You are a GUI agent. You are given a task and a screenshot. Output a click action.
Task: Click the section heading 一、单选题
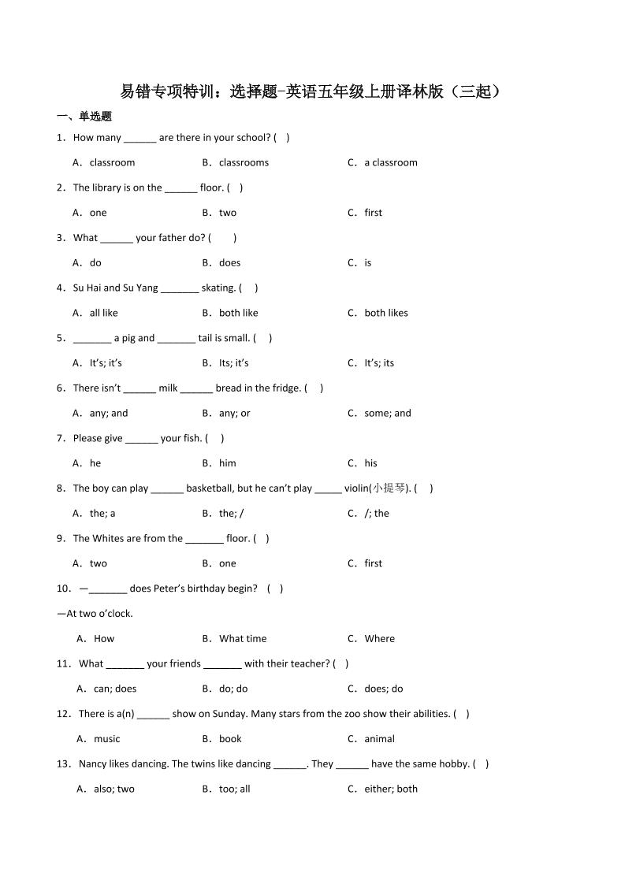click(84, 117)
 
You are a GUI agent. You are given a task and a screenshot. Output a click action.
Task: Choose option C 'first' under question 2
click(373, 213)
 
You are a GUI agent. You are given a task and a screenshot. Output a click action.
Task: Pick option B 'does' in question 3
click(229, 262)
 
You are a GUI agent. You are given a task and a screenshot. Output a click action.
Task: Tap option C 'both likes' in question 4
click(385, 313)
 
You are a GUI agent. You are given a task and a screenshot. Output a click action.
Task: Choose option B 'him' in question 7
click(227, 463)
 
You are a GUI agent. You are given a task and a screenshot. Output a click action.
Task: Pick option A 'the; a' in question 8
click(102, 514)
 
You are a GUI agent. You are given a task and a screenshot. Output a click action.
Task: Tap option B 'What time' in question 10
click(242, 639)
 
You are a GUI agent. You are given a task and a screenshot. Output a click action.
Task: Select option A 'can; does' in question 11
click(114, 689)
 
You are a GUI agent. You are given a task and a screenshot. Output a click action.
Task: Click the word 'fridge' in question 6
click(285, 388)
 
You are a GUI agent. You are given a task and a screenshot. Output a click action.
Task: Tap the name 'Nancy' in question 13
click(94, 764)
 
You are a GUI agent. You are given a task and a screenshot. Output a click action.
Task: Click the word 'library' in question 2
click(105, 188)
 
